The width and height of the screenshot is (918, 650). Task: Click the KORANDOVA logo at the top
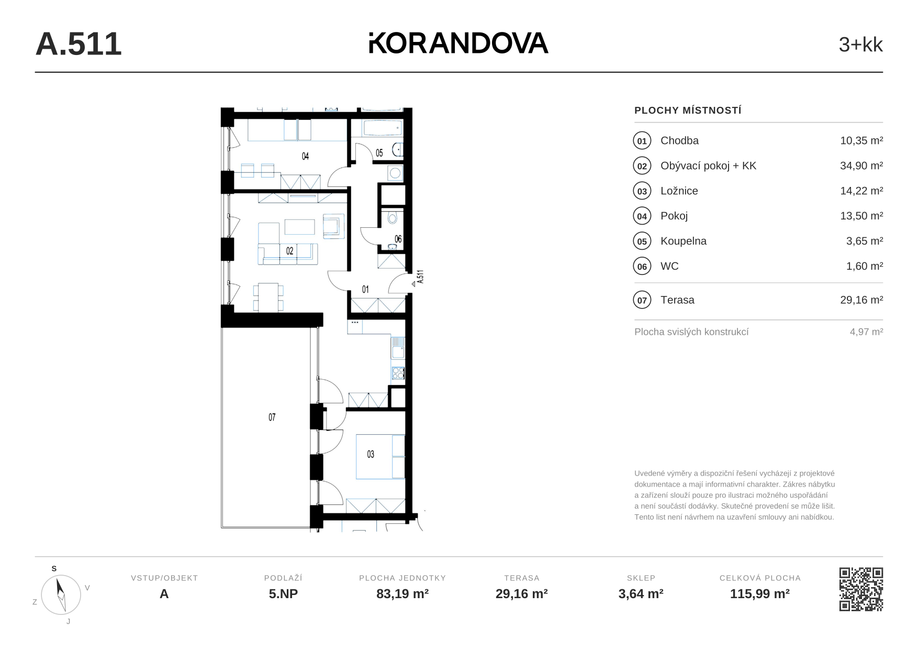(458, 43)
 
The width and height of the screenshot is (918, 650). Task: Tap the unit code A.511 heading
(79, 44)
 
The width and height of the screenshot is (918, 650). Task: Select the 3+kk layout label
(860, 45)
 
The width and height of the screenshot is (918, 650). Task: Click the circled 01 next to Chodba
(642, 141)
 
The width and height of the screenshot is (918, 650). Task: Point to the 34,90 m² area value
(861, 166)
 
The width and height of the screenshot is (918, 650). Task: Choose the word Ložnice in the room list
(679, 191)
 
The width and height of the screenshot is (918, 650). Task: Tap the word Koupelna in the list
(684, 241)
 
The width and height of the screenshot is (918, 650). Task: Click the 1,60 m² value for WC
(865, 266)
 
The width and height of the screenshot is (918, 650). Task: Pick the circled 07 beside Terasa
(642, 300)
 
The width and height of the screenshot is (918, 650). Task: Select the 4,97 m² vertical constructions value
(867, 332)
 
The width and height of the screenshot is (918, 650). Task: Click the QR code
(861, 589)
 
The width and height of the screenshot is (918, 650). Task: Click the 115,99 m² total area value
(760, 594)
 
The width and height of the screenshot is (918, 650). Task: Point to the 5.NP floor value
(283, 594)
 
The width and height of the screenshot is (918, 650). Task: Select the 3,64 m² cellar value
(641, 594)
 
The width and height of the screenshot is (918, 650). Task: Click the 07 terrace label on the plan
(272, 417)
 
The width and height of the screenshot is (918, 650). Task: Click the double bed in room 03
(380, 456)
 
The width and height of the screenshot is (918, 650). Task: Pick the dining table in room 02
(268, 298)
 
